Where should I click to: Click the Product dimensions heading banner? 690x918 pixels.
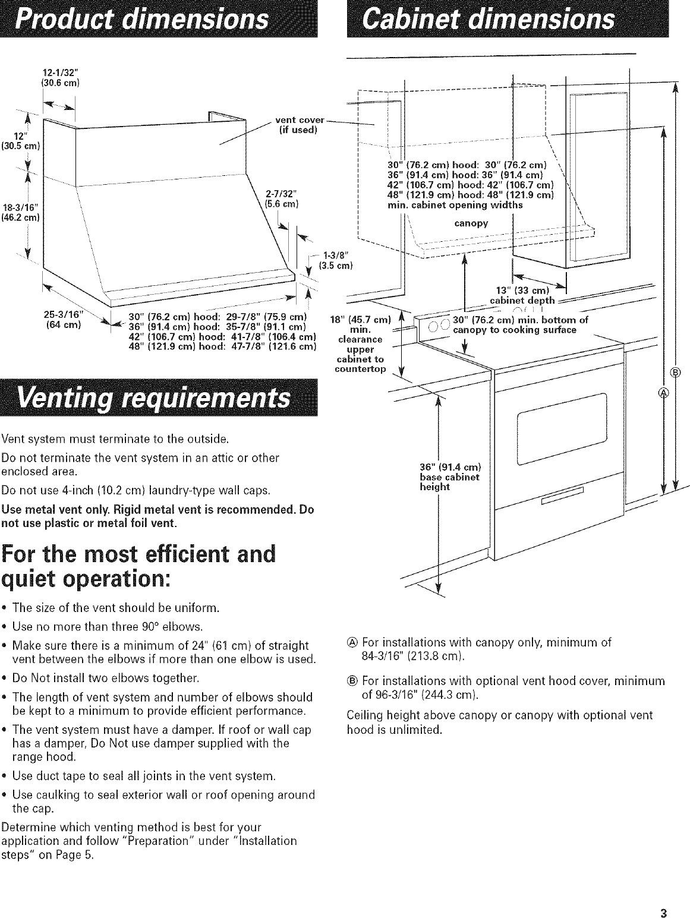click(x=159, y=19)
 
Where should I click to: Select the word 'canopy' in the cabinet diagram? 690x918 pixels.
click(x=471, y=223)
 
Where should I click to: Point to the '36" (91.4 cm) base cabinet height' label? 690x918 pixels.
click(x=449, y=475)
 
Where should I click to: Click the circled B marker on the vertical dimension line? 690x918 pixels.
click(x=675, y=373)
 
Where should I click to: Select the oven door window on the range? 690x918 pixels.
click(x=562, y=429)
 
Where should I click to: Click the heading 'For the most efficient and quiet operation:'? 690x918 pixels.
click(x=139, y=565)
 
